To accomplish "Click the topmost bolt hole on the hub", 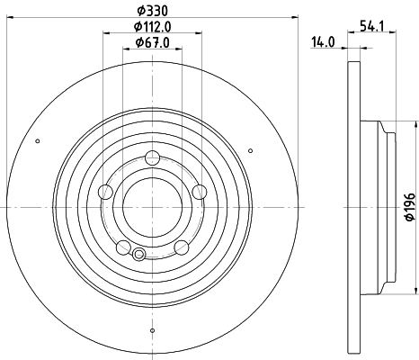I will click(152, 156).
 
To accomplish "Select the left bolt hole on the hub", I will click(105, 191).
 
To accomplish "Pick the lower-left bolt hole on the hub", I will click(123, 247).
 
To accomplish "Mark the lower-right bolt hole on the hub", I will click(181, 247).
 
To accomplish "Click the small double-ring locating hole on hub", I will click(138, 255).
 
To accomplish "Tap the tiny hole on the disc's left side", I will click(37, 140).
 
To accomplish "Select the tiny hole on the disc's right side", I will click(267, 140).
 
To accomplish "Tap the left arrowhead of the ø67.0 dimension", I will click(123, 50).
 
